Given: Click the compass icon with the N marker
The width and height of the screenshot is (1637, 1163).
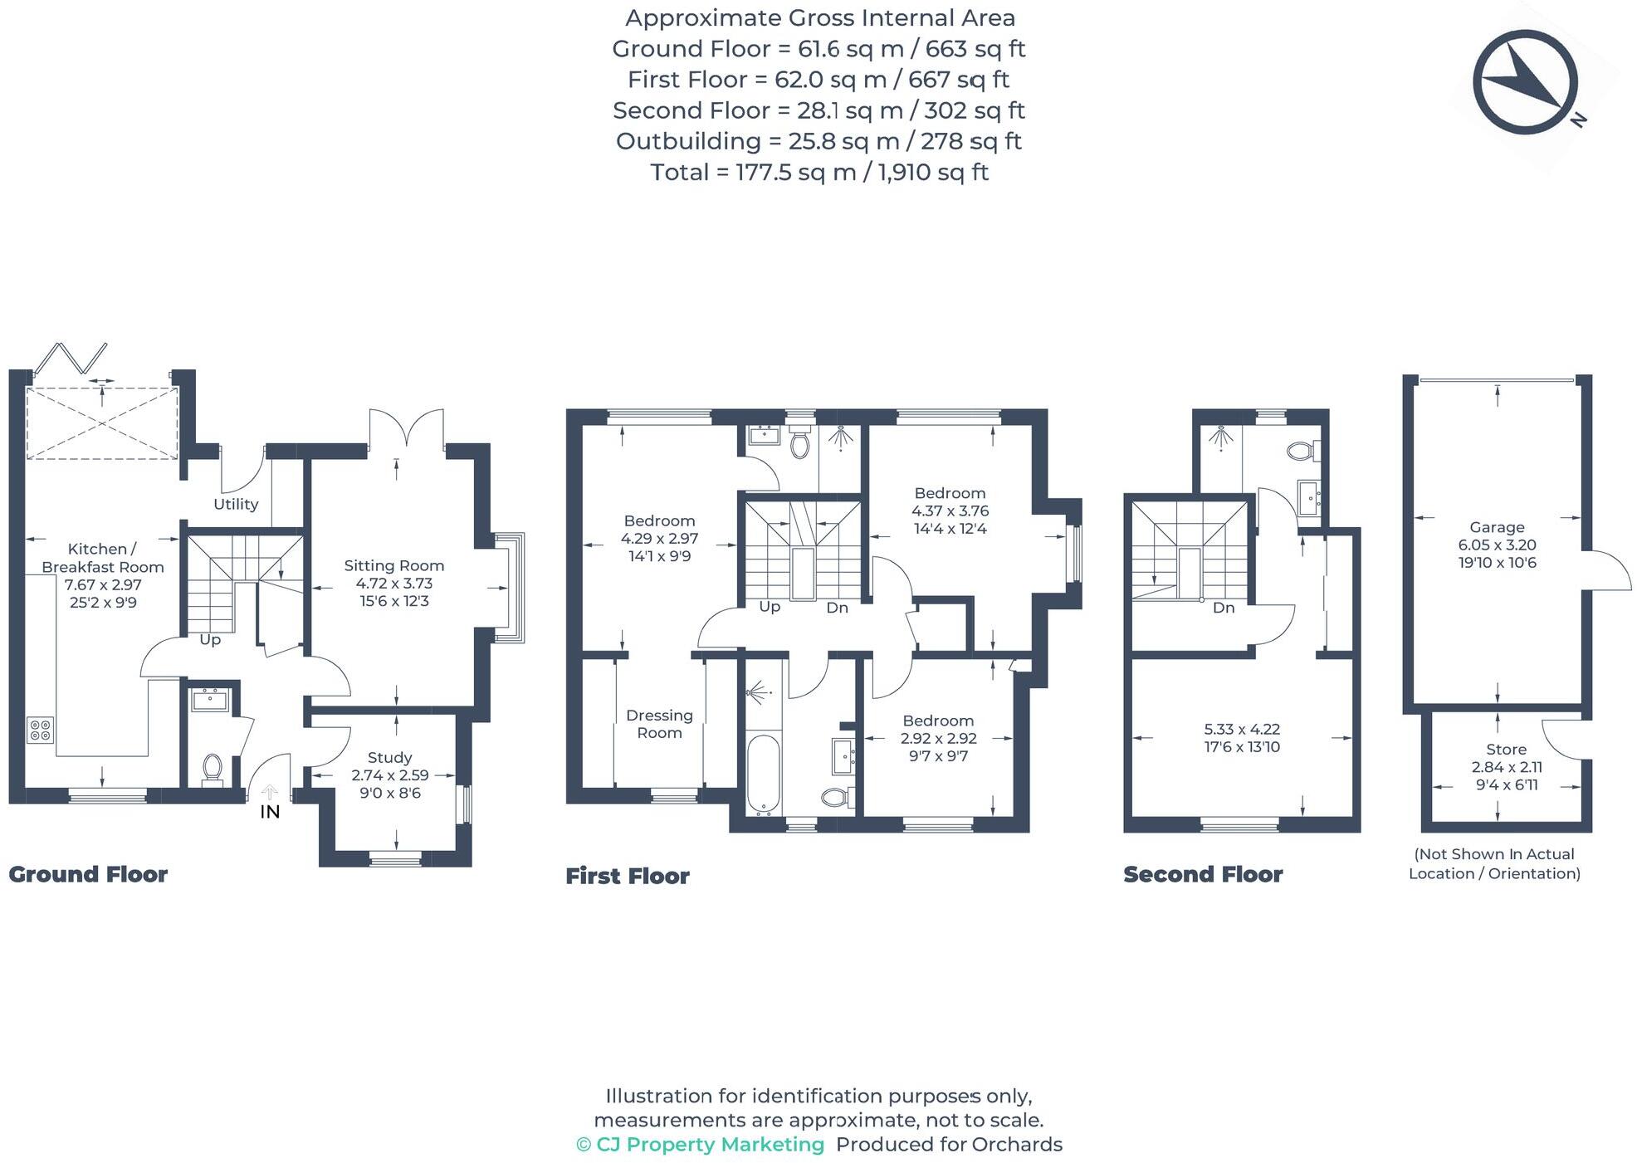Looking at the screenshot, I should pyautogui.click(x=1526, y=82).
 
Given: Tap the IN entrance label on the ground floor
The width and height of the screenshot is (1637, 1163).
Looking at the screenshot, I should pyautogui.click(x=270, y=812).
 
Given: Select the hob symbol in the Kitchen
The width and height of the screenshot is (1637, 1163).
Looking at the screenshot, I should pyautogui.click(x=41, y=730).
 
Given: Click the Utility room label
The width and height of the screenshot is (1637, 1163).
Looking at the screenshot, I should pyautogui.click(x=236, y=504).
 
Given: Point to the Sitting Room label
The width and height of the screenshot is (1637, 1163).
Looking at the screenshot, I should pyautogui.click(x=393, y=565).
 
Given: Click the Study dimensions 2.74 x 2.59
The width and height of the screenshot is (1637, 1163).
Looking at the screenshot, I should pyautogui.click(x=389, y=775).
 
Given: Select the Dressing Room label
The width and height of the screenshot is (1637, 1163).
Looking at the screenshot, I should pyautogui.click(x=659, y=724).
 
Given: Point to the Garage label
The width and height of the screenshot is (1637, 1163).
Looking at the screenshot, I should pyautogui.click(x=1497, y=527).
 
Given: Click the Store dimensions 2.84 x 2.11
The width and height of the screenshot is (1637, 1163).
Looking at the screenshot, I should pyautogui.click(x=1506, y=767).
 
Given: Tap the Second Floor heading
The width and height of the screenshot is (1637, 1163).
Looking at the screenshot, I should pyautogui.click(x=1202, y=874).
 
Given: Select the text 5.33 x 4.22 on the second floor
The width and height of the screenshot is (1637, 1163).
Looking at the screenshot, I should pyautogui.click(x=1242, y=729).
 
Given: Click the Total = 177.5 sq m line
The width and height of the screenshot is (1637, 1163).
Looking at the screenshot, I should pyautogui.click(x=818, y=172).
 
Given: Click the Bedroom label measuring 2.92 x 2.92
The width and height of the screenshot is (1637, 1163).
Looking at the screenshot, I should pyautogui.click(x=938, y=721).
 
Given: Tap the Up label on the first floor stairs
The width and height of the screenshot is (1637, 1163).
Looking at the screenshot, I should pyautogui.click(x=770, y=607).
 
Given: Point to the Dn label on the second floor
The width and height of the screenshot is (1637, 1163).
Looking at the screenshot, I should pyautogui.click(x=1224, y=608).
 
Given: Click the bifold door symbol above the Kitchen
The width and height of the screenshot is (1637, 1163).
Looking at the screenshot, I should pyautogui.click(x=71, y=359).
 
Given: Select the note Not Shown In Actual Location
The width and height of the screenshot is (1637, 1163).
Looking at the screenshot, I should pyautogui.click(x=1494, y=863).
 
